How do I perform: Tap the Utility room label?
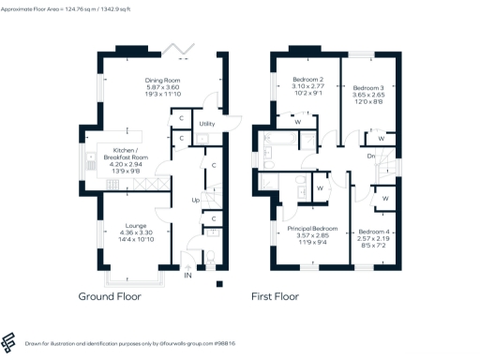208,124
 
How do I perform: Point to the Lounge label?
130,226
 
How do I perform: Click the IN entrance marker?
187,276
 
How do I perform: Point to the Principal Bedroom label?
312,228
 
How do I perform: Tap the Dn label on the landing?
371,156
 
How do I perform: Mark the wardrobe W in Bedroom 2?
297,121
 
